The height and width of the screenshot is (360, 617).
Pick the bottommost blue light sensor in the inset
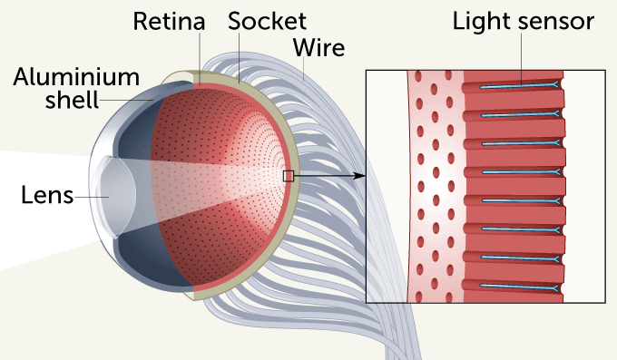coord(517,286)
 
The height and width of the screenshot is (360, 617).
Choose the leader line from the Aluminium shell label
coord(127,100)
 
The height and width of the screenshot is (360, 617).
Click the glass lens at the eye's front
coord(113,193)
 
